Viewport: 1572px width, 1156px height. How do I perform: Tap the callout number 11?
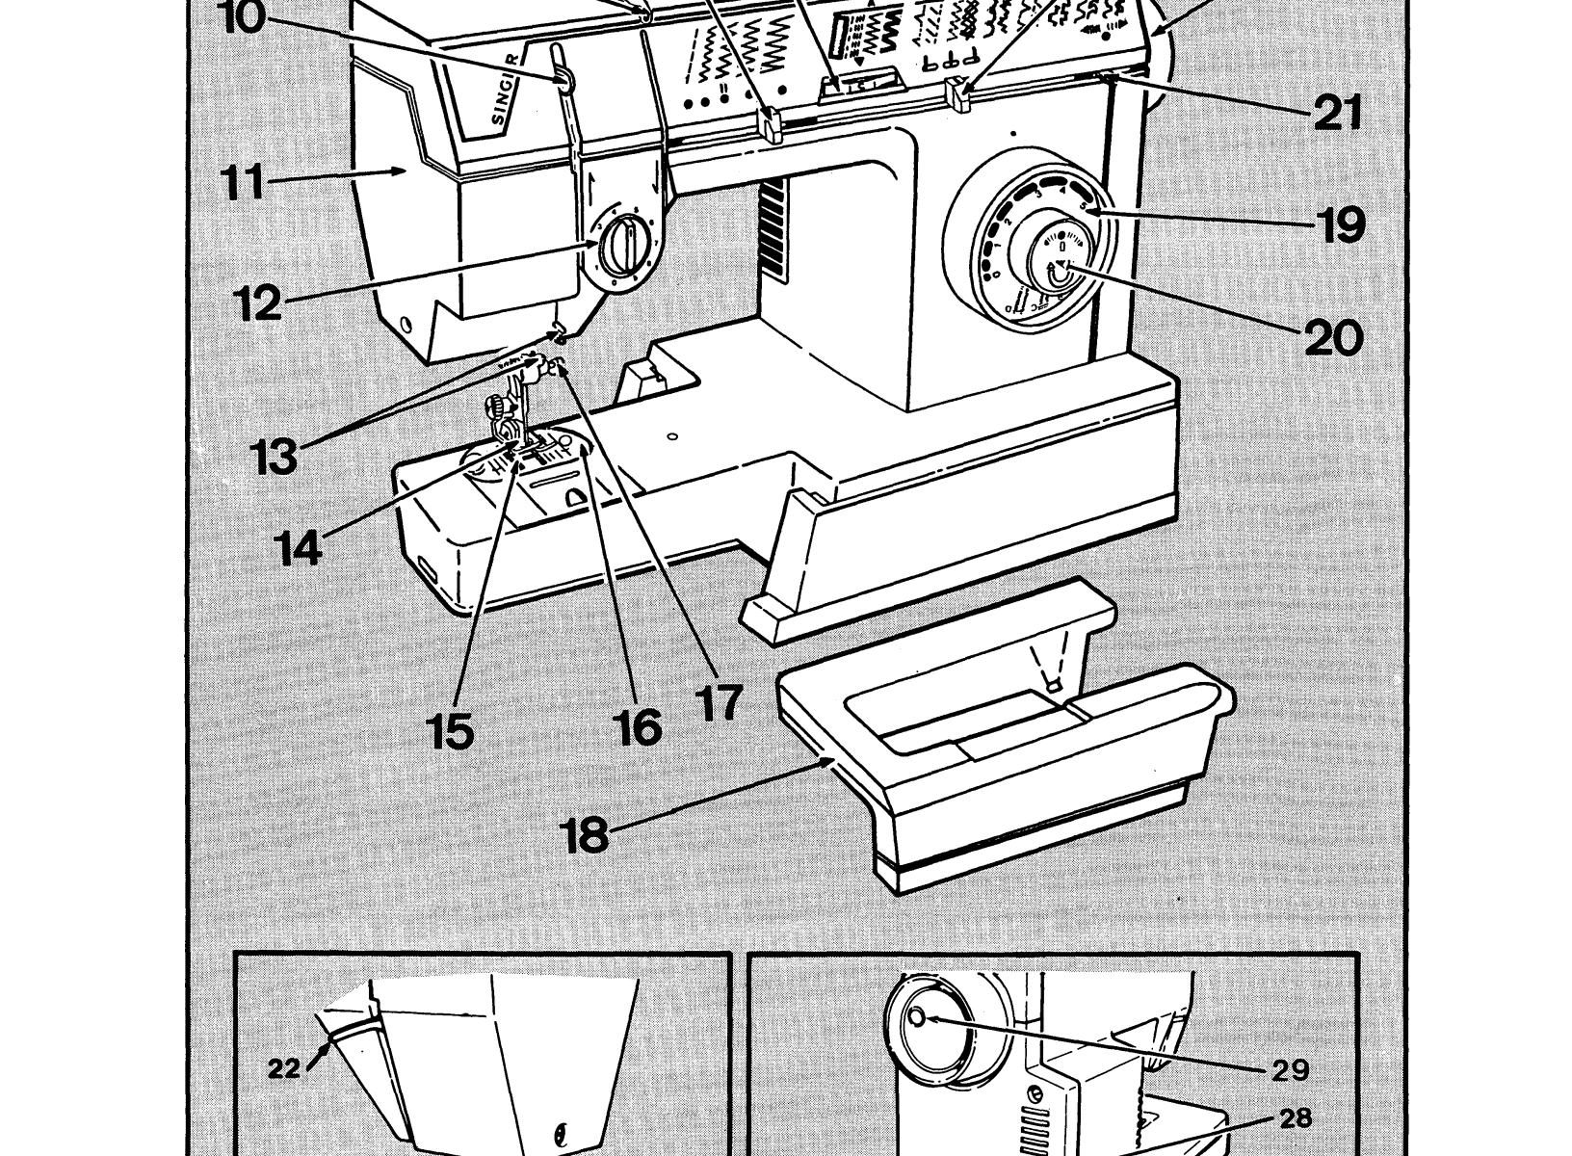coord(238,182)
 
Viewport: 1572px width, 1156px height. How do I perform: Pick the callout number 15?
coord(452,731)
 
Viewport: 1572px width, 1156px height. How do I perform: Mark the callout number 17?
coord(720,701)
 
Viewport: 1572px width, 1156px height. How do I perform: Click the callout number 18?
coord(586,834)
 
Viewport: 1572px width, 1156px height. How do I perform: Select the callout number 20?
coord(1334,337)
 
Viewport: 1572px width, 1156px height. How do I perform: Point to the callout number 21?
coord(1338,113)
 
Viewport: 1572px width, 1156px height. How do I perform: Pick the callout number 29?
coord(1288,1067)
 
